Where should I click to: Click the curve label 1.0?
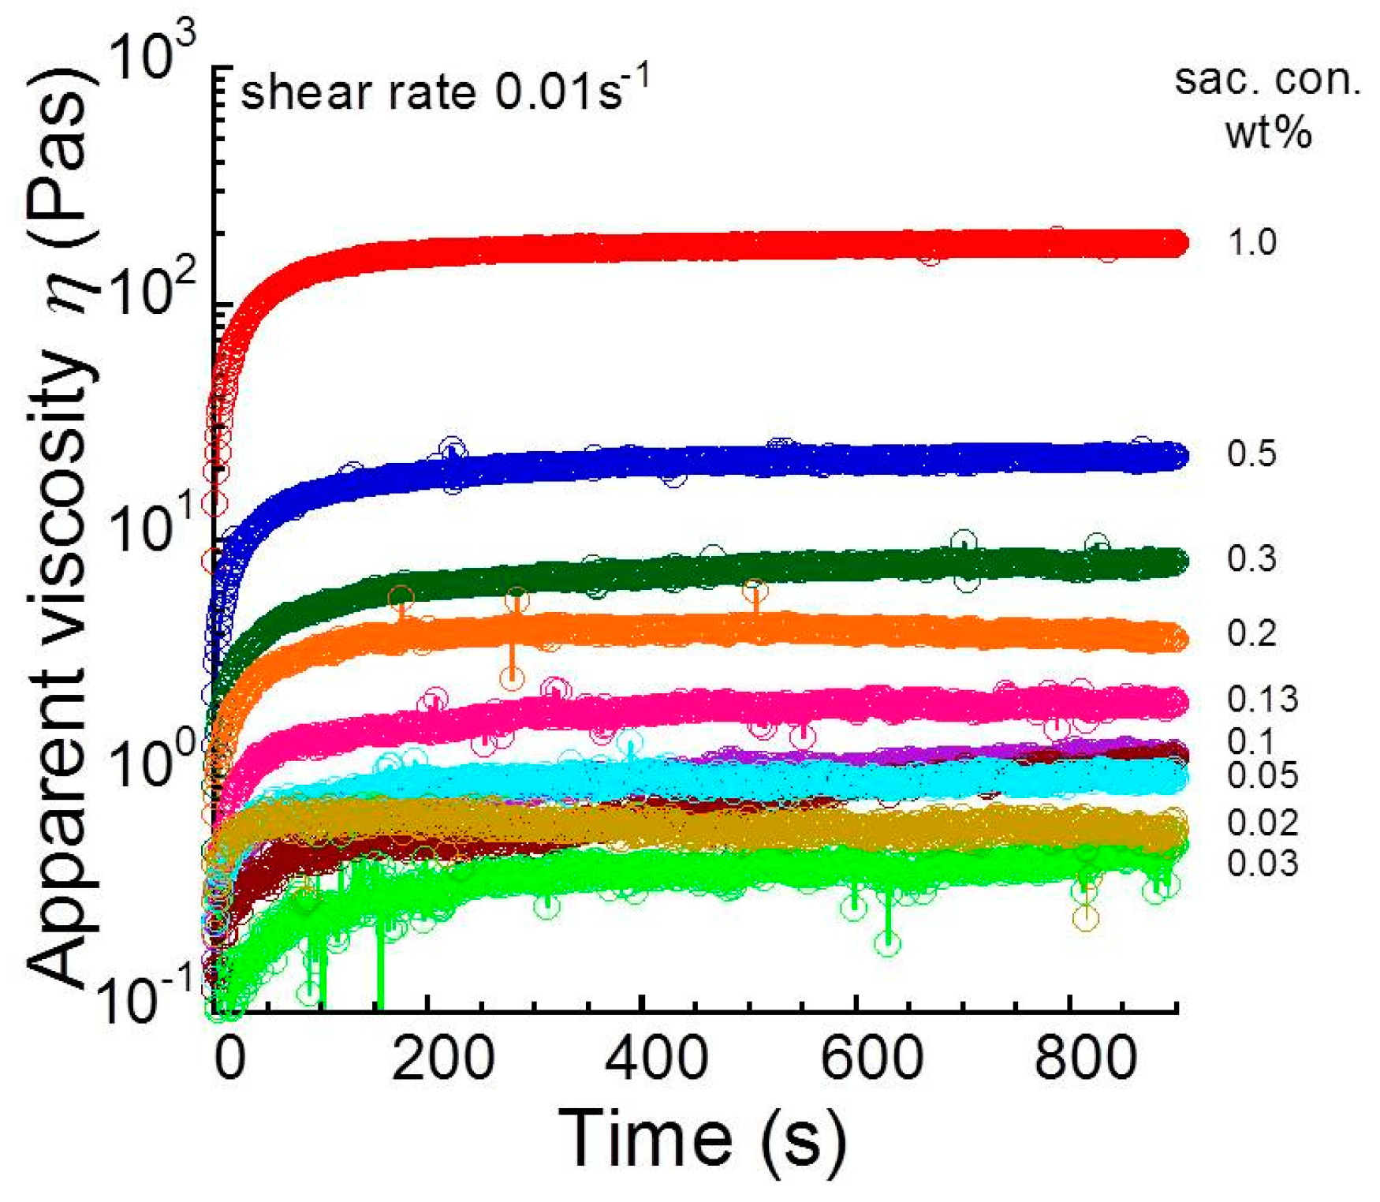pos(1252,242)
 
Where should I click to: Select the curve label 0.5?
pos(1252,454)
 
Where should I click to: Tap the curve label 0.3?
pos(1252,558)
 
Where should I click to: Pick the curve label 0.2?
pos(1252,633)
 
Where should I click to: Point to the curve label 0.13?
pos(1262,699)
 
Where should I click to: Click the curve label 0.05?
pos(1262,776)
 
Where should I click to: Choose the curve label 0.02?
pos(1262,823)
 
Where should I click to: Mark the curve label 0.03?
pos(1262,864)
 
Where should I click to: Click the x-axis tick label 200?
pos(443,1059)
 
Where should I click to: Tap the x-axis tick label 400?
pos(657,1059)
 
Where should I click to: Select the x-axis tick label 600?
pos(871,1059)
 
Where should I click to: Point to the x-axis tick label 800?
pos(1086,1059)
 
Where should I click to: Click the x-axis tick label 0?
pos(230,1059)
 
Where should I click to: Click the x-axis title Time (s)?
pos(702,1138)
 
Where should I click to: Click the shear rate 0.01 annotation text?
pos(446,92)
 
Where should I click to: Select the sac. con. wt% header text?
pos(1267,106)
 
